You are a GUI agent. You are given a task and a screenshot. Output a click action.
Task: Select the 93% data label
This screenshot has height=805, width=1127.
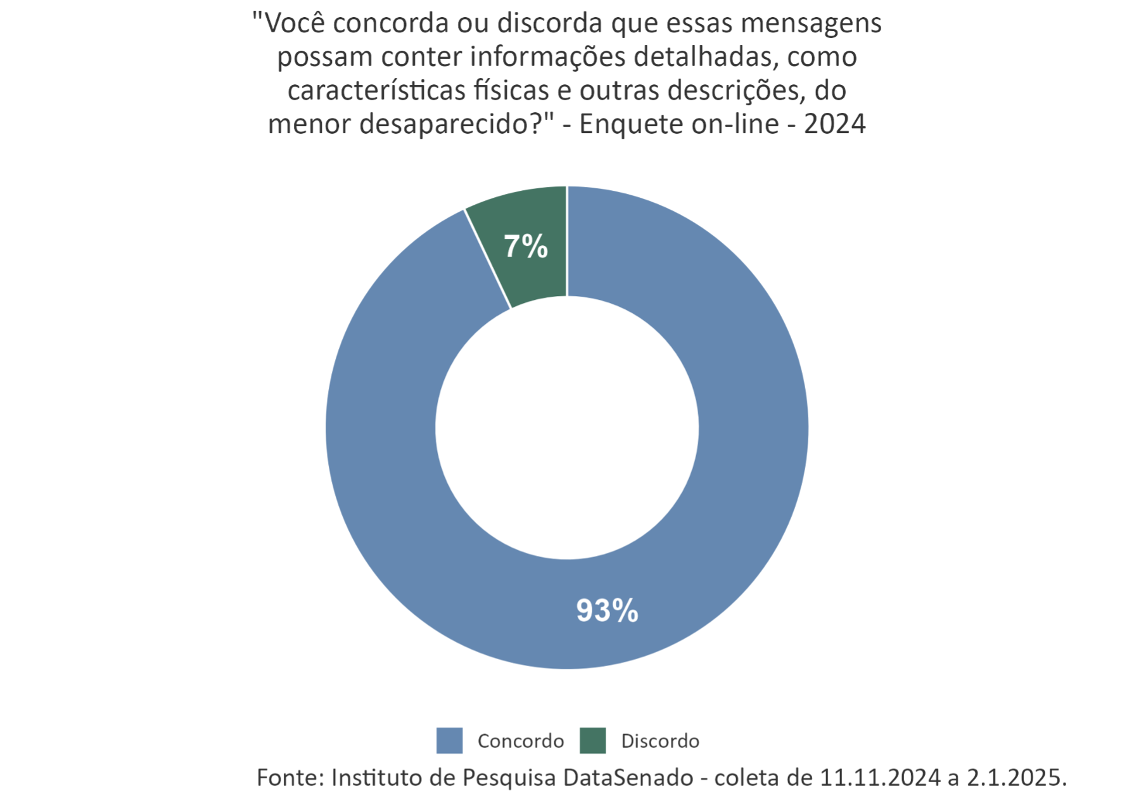(607, 611)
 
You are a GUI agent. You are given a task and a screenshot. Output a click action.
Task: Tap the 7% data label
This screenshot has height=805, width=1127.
(526, 247)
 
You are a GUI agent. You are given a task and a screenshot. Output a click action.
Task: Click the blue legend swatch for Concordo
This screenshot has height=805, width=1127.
(450, 740)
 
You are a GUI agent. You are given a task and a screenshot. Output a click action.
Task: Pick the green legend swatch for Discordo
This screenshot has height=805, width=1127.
(593, 740)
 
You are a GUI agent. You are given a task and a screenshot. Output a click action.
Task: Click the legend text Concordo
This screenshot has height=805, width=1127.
(521, 741)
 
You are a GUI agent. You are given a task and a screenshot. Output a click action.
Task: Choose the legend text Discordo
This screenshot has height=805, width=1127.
(660, 741)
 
